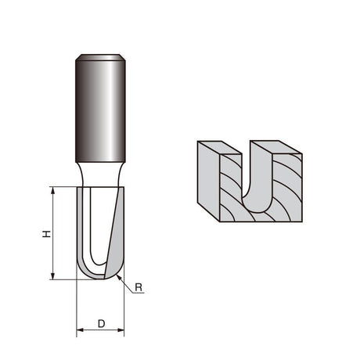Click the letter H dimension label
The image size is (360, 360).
point(46,234)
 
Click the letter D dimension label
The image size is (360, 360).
point(101,324)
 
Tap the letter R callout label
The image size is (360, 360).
point(139,287)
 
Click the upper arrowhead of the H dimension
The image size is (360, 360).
point(53,190)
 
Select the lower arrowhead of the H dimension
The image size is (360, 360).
point(53,276)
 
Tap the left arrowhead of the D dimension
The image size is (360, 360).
point(80,330)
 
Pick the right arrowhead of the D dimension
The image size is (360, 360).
point(121,330)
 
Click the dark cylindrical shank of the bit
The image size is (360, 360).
point(100,111)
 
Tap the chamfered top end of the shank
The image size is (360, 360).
point(100,57)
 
